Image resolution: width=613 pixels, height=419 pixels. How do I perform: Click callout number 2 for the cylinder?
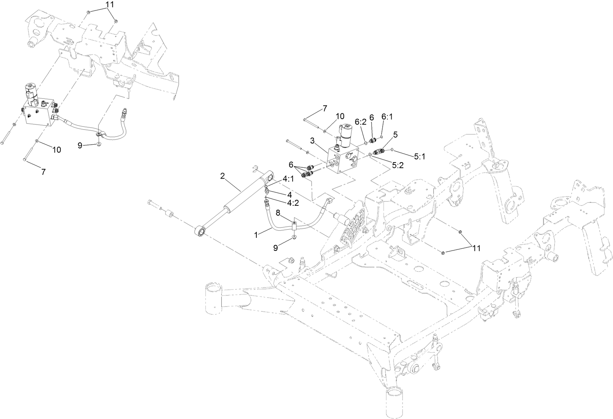pos(223,176)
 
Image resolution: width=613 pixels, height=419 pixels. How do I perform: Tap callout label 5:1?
pos(420,157)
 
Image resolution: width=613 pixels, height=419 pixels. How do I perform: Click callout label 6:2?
pos(360,122)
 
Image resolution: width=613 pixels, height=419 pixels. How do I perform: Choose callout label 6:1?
pos(387,117)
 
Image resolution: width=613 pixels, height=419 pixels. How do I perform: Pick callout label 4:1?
pos(288,179)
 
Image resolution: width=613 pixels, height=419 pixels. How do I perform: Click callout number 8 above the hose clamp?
pos(278,212)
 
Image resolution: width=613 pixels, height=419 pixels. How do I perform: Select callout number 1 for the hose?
pos(256,235)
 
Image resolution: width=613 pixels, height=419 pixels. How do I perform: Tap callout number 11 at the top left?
pos(100,5)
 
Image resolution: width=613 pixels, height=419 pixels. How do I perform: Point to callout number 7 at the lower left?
pos(43,172)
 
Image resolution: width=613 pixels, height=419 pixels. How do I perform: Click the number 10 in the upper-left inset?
pos(56,150)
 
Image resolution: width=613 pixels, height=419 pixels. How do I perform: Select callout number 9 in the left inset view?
pos(80,146)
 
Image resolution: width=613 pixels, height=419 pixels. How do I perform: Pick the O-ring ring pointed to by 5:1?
pos(393,150)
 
